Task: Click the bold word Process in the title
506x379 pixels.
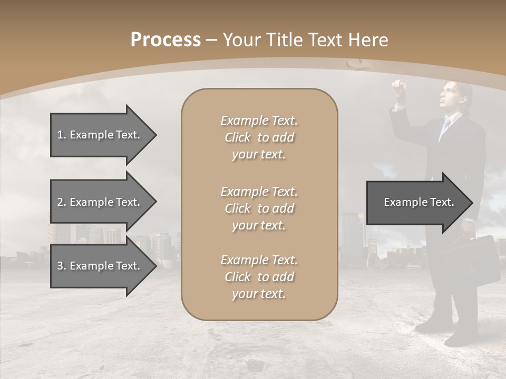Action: click(166, 40)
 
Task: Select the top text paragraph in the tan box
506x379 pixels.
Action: click(259, 137)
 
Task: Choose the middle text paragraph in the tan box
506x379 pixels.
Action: click(259, 208)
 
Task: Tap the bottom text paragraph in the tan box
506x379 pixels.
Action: click(259, 277)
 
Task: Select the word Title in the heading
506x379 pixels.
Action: click(286, 40)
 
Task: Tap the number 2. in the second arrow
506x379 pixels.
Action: click(62, 202)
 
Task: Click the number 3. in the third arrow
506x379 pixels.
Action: click(62, 266)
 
